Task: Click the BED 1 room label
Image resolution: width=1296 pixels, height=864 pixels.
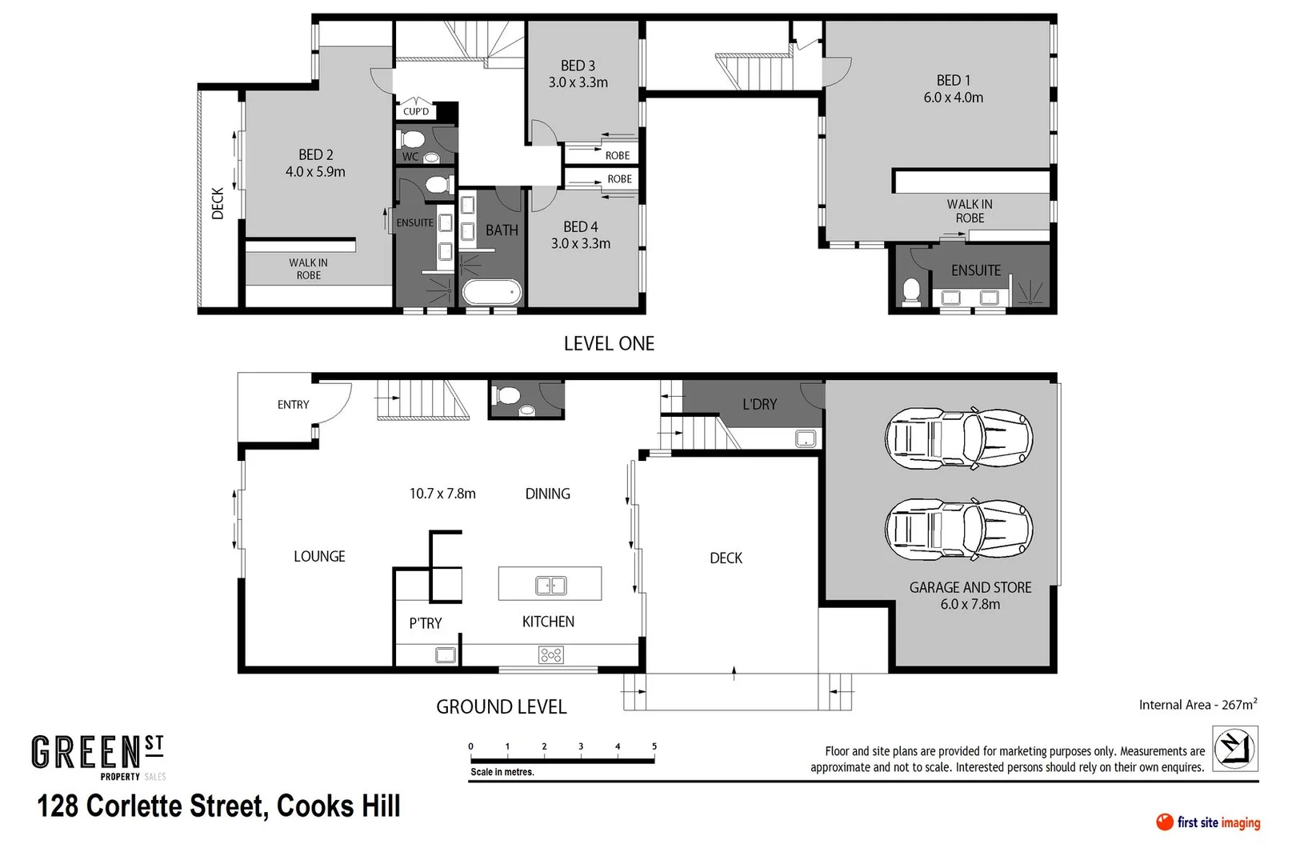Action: point(953,81)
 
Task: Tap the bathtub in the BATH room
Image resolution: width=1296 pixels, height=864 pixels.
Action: point(492,293)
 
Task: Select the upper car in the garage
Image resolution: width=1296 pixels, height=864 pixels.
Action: point(958,438)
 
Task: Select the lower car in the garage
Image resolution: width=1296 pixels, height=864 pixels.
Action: point(958,529)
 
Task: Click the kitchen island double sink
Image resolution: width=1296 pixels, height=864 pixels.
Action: point(550,586)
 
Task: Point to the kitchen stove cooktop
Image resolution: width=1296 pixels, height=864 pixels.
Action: point(551,656)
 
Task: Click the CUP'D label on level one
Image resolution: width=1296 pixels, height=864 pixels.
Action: point(416,111)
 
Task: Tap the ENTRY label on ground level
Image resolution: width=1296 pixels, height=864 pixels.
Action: point(293,405)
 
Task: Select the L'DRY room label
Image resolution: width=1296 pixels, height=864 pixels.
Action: point(759,405)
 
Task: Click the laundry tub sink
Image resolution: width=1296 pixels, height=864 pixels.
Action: point(806,438)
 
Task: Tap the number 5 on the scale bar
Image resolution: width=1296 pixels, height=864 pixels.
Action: point(654,746)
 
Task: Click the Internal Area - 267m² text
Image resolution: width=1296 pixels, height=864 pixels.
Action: point(1198,705)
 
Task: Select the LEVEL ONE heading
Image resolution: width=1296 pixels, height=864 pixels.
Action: point(609,344)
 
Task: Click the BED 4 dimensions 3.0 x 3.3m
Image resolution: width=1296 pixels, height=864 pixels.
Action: point(580,244)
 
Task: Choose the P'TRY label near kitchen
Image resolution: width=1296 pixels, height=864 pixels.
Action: point(425,623)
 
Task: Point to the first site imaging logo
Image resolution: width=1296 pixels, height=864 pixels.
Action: point(1208,822)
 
